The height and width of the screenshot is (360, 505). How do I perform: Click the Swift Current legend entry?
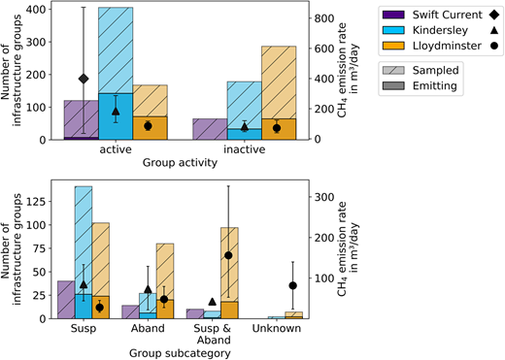coord(422,14)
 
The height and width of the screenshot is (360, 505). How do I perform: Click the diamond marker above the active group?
coord(84,78)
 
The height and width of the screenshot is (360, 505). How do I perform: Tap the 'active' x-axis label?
coord(116,151)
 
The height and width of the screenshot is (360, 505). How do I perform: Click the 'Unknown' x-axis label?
coord(276,330)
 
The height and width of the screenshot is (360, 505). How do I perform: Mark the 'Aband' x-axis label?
coord(148,330)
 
